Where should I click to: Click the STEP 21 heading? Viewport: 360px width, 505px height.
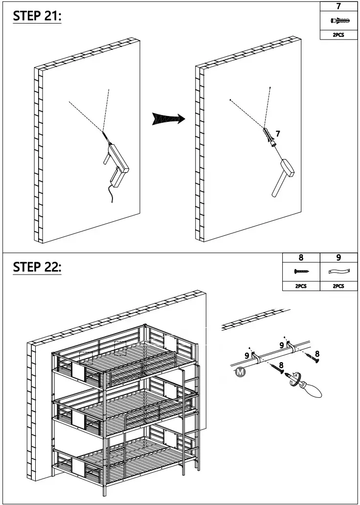tap(37, 16)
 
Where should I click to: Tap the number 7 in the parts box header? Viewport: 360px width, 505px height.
tap(339, 6)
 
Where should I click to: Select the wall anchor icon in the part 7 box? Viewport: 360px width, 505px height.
tap(339, 21)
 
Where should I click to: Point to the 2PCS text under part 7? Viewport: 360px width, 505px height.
tap(339, 35)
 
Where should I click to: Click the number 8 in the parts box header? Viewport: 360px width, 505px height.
tap(301, 257)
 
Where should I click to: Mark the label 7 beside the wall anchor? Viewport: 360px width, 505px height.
tap(278, 133)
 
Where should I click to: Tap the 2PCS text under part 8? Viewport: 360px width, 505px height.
tap(301, 286)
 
